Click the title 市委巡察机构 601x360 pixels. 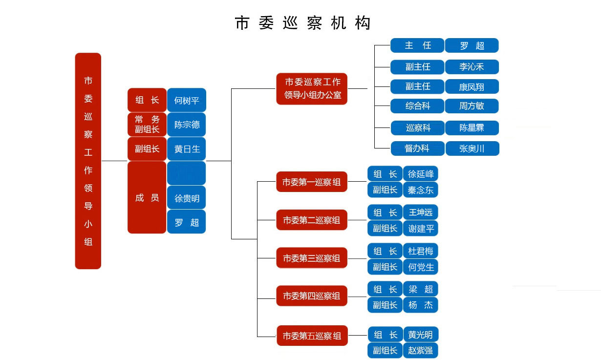coord(302,23)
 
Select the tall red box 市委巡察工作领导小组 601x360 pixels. coord(88,161)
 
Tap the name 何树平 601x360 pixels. coord(187,100)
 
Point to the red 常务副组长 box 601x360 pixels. coord(147,125)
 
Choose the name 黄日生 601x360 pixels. coord(187,149)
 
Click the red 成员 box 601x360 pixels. coord(147,197)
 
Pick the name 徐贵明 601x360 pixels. coord(187,198)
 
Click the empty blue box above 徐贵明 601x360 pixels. coord(187,173)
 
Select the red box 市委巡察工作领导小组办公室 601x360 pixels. coord(312,88)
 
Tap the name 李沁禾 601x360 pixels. coord(472,67)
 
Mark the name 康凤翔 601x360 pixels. coord(472,86)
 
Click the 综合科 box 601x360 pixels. coord(417,106)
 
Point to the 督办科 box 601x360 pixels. coord(417,148)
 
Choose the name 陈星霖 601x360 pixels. coord(472,128)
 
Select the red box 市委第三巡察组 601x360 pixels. coord(312,258)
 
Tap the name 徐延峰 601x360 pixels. coord(421,174)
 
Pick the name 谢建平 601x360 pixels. coord(421,228)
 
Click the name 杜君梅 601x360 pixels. coord(421,251)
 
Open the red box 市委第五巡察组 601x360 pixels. coord(312,336)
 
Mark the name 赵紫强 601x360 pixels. coord(421,350)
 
